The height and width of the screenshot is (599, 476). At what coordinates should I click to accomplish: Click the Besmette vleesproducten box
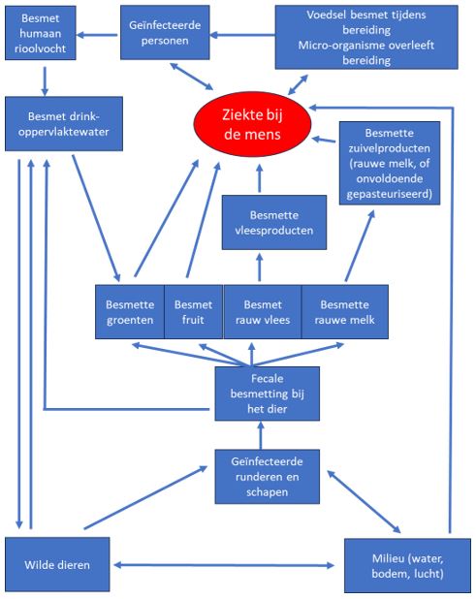[x=261, y=222]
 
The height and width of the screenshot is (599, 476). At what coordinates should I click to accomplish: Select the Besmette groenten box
[x=129, y=310]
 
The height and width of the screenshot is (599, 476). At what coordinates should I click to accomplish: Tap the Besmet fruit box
[x=193, y=310]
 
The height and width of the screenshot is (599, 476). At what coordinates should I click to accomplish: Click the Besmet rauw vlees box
[x=262, y=310]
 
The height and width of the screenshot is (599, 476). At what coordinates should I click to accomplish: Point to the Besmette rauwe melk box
[x=344, y=310]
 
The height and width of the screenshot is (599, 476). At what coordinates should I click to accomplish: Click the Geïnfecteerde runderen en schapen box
[x=267, y=475]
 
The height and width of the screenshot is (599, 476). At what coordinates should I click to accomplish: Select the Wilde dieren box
[x=57, y=563]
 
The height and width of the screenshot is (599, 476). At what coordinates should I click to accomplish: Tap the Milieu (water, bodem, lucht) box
[x=408, y=563]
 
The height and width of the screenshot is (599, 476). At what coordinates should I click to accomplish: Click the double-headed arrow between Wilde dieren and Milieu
[x=228, y=564]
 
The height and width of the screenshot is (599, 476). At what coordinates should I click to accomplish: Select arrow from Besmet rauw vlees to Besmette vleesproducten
[x=261, y=266]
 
